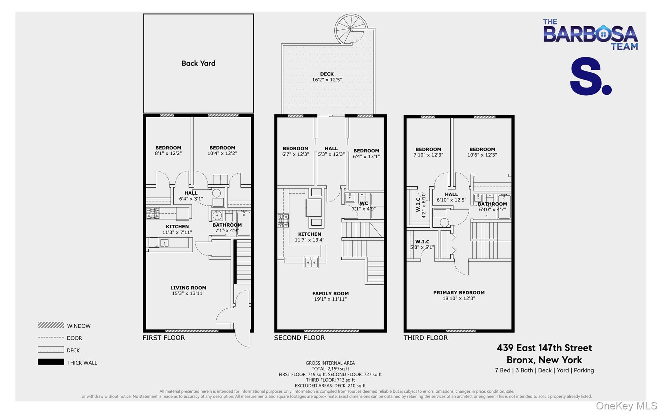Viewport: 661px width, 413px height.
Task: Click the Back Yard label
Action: click(198, 63)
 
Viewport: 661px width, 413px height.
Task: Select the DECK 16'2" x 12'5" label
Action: click(327, 77)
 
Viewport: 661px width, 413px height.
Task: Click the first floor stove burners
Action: click(153, 213)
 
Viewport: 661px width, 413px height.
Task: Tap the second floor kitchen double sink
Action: click(311, 262)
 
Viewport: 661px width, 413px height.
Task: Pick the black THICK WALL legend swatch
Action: click(51, 362)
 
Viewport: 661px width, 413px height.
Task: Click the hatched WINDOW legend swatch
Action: click(51, 325)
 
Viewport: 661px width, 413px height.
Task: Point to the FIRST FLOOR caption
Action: click(164, 338)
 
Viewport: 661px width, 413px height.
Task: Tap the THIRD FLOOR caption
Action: click(425, 338)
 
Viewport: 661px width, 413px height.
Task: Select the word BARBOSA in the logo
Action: click(590, 34)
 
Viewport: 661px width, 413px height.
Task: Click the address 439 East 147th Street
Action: click(544, 348)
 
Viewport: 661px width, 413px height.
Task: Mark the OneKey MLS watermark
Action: click(626, 406)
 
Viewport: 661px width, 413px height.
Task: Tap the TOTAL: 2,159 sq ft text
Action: click(330, 369)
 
